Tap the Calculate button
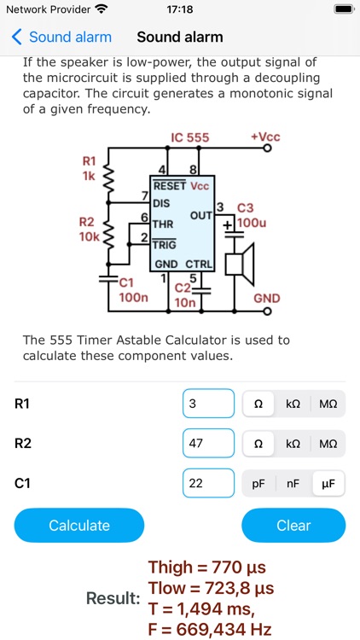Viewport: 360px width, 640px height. click(79, 526)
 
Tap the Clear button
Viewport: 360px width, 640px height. click(293, 526)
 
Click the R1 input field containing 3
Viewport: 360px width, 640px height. click(208, 404)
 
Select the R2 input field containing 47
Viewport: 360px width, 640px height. click(208, 444)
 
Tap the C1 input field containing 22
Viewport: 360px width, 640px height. click(208, 483)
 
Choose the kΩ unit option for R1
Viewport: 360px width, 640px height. click(293, 404)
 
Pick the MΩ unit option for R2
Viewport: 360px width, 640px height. click(328, 444)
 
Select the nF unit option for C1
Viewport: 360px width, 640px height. click(293, 483)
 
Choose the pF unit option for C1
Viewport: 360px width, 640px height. click(258, 483)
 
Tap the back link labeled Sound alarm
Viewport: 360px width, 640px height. click(61, 37)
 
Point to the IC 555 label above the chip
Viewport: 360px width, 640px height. click(189, 137)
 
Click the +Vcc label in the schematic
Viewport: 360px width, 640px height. click(265, 137)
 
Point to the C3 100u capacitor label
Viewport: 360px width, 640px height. click(248, 215)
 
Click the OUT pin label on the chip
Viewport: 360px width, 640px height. click(200, 215)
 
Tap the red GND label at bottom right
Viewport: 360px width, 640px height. click(266, 300)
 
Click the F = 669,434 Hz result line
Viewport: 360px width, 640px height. click(209, 630)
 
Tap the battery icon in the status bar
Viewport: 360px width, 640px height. click(343, 9)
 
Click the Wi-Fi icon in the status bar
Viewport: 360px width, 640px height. click(102, 9)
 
